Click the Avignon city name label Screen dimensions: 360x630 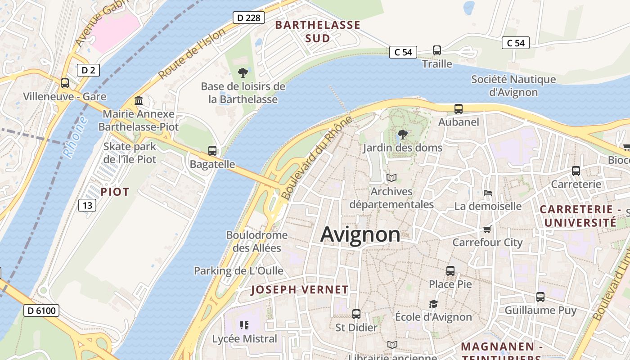pos(360,234)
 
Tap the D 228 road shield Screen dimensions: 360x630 pos(248,18)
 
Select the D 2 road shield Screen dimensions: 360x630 pos(88,70)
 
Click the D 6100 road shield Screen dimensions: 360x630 pos(41,310)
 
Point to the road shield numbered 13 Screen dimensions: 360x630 pos(87,205)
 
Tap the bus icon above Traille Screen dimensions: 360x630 pos(436,50)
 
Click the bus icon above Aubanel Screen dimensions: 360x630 pos(458,108)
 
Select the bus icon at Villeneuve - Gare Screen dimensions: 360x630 pos(65,83)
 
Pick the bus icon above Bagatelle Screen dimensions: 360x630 pos(212,150)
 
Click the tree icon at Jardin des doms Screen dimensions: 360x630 pos(403,134)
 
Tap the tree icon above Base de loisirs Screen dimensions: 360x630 pos(243,72)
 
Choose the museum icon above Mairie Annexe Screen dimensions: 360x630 pos(139,100)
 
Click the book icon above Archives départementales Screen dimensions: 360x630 pos(391,178)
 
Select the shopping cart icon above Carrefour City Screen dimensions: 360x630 pos(487,229)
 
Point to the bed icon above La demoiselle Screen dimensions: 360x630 pos(488,193)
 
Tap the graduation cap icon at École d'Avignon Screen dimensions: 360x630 pos(433,304)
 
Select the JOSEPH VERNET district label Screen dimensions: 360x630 pos(300,290)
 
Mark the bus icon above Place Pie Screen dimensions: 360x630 pos(450,270)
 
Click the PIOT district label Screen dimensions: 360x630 pos(115,192)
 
